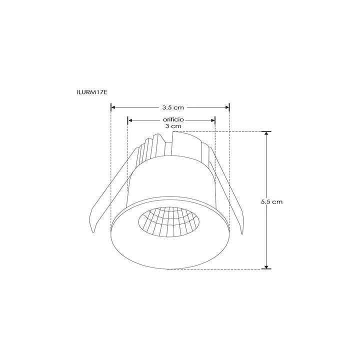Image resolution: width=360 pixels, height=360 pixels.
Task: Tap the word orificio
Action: click(173, 120)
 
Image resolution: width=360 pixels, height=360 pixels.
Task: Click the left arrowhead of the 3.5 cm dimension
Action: click(112, 107)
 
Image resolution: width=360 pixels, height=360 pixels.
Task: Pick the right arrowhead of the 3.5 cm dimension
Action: click(227, 107)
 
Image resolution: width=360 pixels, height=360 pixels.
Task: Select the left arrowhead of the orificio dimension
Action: click(130, 120)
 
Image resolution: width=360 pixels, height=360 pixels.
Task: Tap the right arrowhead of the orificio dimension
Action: click(212, 120)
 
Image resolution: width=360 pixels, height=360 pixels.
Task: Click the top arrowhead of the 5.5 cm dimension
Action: click(266, 134)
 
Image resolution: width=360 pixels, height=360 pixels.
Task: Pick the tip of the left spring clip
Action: click(94, 231)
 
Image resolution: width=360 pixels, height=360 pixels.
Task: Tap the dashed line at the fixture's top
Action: click(225, 131)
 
